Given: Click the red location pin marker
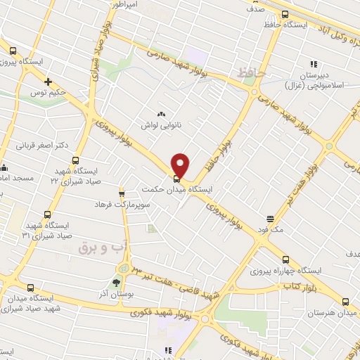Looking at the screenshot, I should tap(181, 165).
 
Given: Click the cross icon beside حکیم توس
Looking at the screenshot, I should tap(49, 81).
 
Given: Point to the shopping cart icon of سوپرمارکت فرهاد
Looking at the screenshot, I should tap(122, 193).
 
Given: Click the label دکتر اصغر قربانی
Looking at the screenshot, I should tap(41, 146).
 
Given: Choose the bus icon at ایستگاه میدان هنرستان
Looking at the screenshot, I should tap(345, 302).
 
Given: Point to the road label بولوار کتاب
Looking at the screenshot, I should tap(303, 286).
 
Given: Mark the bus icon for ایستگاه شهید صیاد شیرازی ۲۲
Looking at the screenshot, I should tap(76, 160).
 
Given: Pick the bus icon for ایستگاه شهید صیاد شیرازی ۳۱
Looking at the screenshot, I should tap(48, 214).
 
